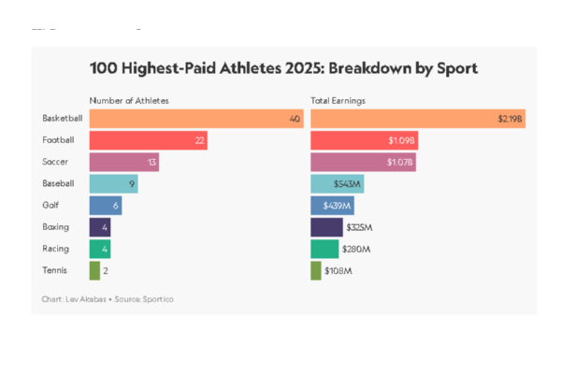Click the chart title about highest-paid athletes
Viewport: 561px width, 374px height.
[283, 68]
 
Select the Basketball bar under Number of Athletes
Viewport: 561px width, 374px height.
[196, 119]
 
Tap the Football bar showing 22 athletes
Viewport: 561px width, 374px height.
[148, 140]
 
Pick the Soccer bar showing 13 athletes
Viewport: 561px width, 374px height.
[124, 162]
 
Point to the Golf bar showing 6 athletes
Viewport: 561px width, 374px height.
[106, 206]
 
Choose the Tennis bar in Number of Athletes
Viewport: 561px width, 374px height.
[94, 270]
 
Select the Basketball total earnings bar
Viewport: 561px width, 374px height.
[418, 119]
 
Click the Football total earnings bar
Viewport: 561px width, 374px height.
[364, 140]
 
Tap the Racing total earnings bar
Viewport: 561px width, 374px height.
[324, 249]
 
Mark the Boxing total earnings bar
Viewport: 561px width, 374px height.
[326, 227]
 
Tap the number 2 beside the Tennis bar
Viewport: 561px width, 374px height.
[106, 270]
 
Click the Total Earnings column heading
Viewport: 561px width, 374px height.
[338, 99]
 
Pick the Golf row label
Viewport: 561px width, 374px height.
[51, 206]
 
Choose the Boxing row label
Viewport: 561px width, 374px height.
[55, 227]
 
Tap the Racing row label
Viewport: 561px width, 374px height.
[55, 249]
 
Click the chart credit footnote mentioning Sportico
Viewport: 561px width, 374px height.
[108, 299]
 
